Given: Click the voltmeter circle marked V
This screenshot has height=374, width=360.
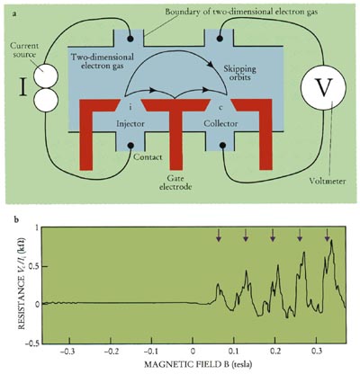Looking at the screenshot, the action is [x=323, y=88].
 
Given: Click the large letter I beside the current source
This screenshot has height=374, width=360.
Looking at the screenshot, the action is [x=23, y=88].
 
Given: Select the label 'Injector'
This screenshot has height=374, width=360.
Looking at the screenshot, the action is [x=130, y=123].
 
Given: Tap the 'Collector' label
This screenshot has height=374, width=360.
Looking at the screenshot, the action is [x=220, y=123].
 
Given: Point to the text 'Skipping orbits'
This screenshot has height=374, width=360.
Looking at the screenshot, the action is [x=239, y=74].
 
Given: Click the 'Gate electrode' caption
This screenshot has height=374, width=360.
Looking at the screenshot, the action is [x=175, y=183].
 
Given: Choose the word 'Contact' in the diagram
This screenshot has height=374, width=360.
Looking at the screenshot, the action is [x=148, y=156].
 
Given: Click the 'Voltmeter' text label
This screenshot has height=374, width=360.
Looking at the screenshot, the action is [x=328, y=181].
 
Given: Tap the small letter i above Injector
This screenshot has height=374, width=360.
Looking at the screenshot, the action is [x=130, y=108].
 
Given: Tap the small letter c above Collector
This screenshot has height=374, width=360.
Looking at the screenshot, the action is [x=220, y=108].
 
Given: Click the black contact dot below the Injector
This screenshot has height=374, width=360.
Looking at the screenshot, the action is [x=130, y=146].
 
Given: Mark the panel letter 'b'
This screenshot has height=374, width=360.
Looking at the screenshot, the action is [x=16, y=220].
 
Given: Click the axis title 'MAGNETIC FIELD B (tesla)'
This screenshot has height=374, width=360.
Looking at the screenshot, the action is [x=198, y=364].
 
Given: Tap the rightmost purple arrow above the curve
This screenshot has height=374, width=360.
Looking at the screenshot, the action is [x=327, y=235].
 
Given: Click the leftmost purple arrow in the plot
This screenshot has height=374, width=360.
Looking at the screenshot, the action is [x=219, y=235].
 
